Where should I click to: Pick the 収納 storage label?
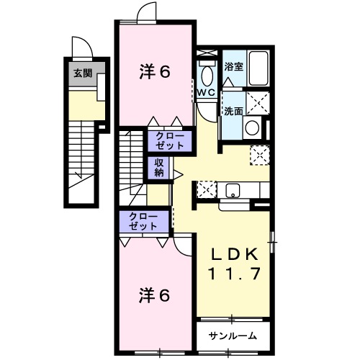(159, 167)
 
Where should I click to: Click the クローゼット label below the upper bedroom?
(171, 140)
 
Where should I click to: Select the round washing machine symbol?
(253, 129)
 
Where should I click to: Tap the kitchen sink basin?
(232, 190)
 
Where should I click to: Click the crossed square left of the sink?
(206, 190)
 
